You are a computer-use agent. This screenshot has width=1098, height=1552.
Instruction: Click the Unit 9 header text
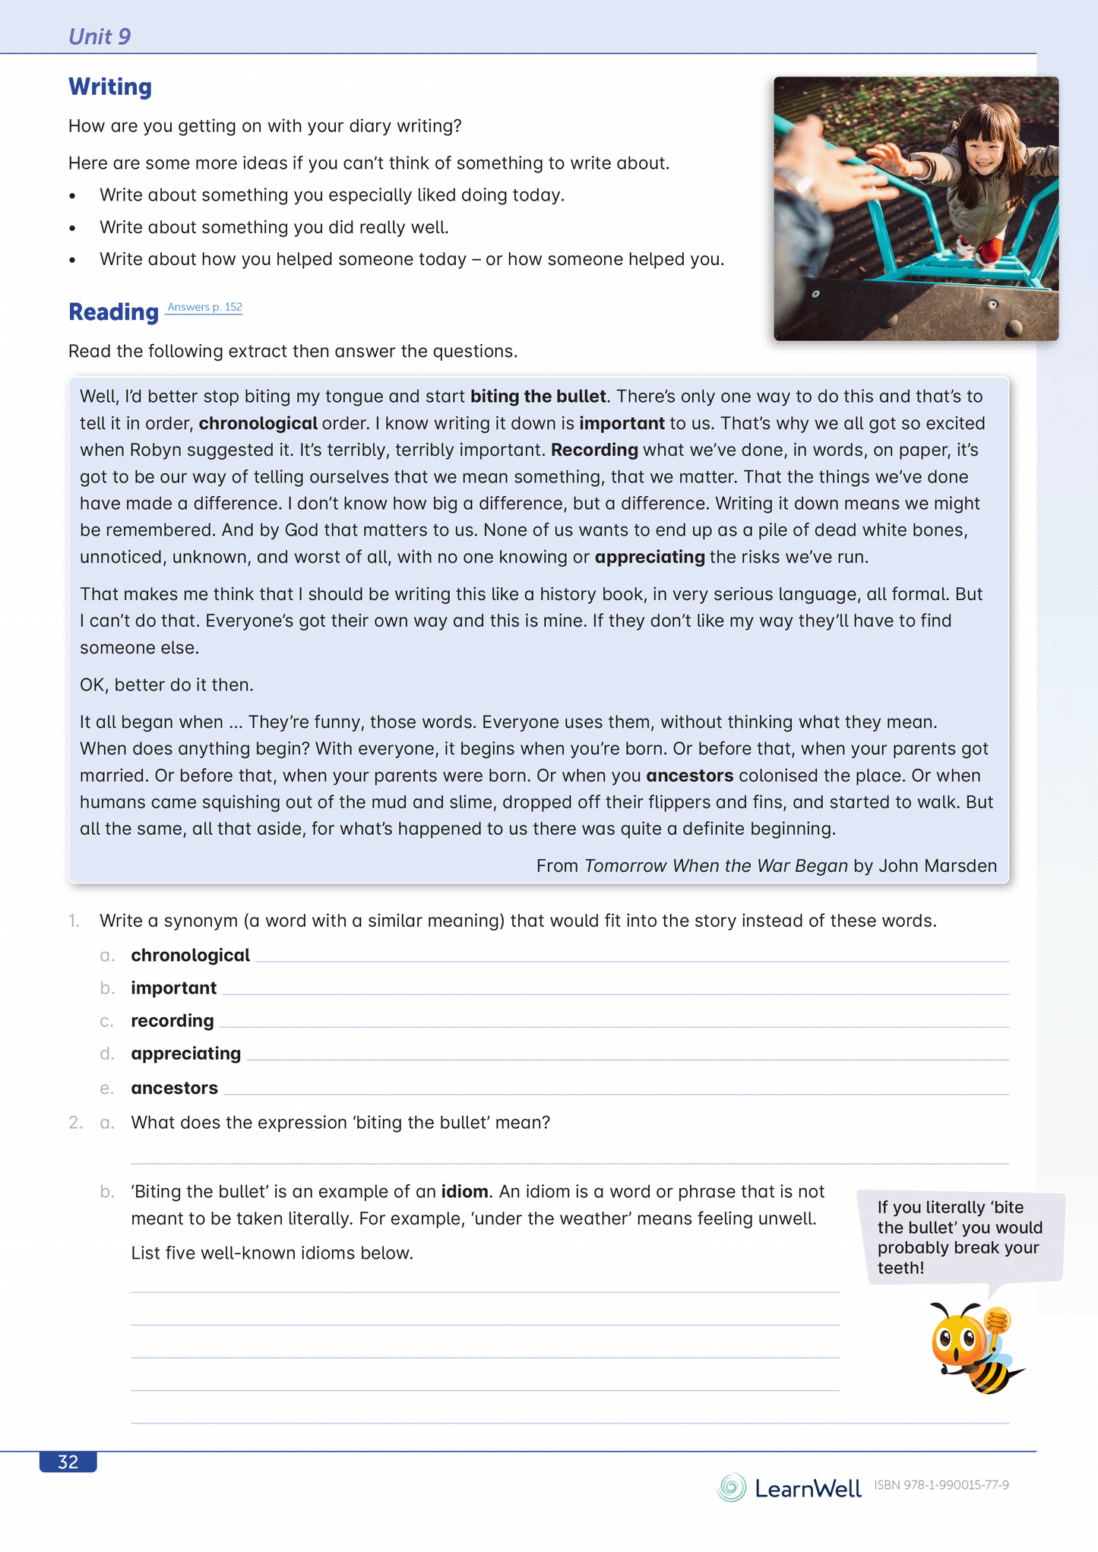click(x=100, y=36)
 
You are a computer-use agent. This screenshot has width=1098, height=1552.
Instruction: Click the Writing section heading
click(x=110, y=87)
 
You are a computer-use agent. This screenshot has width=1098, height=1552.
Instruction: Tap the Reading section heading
click(x=113, y=311)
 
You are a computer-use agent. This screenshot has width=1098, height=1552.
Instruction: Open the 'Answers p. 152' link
click(x=204, y=307)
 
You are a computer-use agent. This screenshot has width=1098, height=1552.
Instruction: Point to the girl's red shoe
click(x=989, y=250)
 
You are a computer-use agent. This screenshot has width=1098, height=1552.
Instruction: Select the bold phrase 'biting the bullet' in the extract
click(x=538, y=397)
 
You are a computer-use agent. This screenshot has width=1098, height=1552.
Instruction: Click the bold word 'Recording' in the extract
click(x=594, y=450)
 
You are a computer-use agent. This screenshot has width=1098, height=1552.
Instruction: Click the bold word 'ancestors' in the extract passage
click(x=689, y=776)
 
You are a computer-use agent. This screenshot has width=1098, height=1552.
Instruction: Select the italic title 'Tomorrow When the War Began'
click(x=716, y=866)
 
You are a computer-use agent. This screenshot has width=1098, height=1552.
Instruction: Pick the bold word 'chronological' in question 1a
click(x=190, y=955)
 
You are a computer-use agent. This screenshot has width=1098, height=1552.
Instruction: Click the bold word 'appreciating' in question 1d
click(x=185, y=1054)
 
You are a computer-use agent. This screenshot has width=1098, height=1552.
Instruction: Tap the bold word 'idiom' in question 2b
click(x=464, y=1191)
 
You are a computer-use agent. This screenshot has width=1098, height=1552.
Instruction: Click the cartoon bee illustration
click(x=974, y=1348)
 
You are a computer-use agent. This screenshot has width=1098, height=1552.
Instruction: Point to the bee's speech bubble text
click(x=959, y=1237)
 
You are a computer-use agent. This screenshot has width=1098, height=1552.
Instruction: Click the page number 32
click(x=68, y=1462)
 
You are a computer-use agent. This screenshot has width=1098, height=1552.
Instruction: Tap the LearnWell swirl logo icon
click(x=732, y=1487)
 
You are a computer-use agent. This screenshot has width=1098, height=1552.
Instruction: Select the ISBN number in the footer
click(x=941, y=1485)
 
